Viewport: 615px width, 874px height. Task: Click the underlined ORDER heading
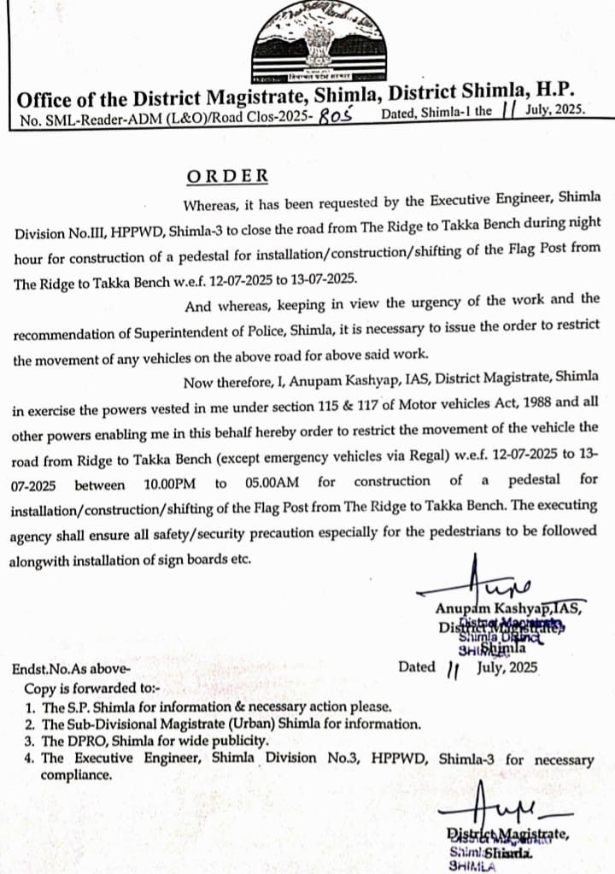click(227, 176)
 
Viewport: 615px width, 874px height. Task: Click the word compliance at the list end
click(76, 776)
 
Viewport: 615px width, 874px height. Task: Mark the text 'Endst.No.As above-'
click(71, 670)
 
